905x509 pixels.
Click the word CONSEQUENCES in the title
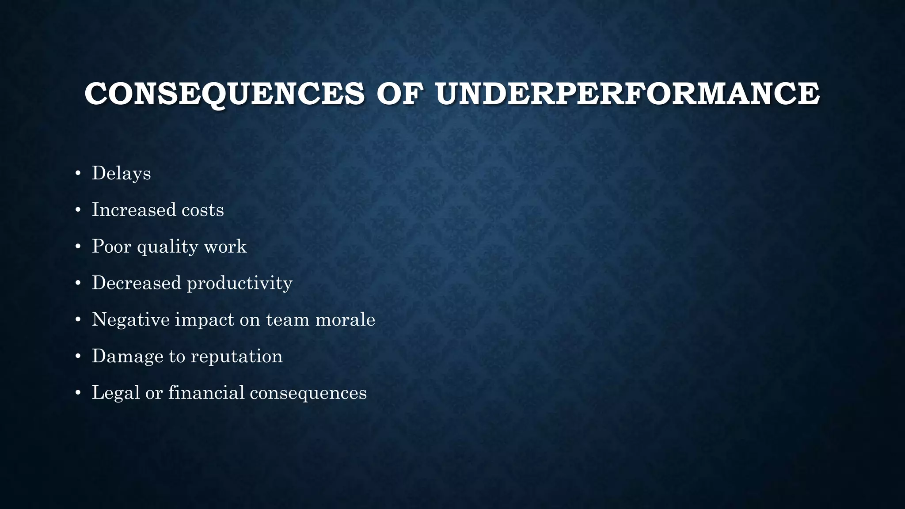point(224,94)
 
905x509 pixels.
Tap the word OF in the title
point(399,94)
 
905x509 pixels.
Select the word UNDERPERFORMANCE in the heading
point(627,94)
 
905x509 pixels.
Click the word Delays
point(121,173)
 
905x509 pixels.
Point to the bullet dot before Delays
point(78,174)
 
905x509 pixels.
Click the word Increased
point(131,209)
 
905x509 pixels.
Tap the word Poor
point(111,246)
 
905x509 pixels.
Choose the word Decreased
point(137,283)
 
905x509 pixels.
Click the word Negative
point(131,319)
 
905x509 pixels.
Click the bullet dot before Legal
point(78,394)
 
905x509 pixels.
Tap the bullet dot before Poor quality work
point(78,247)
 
